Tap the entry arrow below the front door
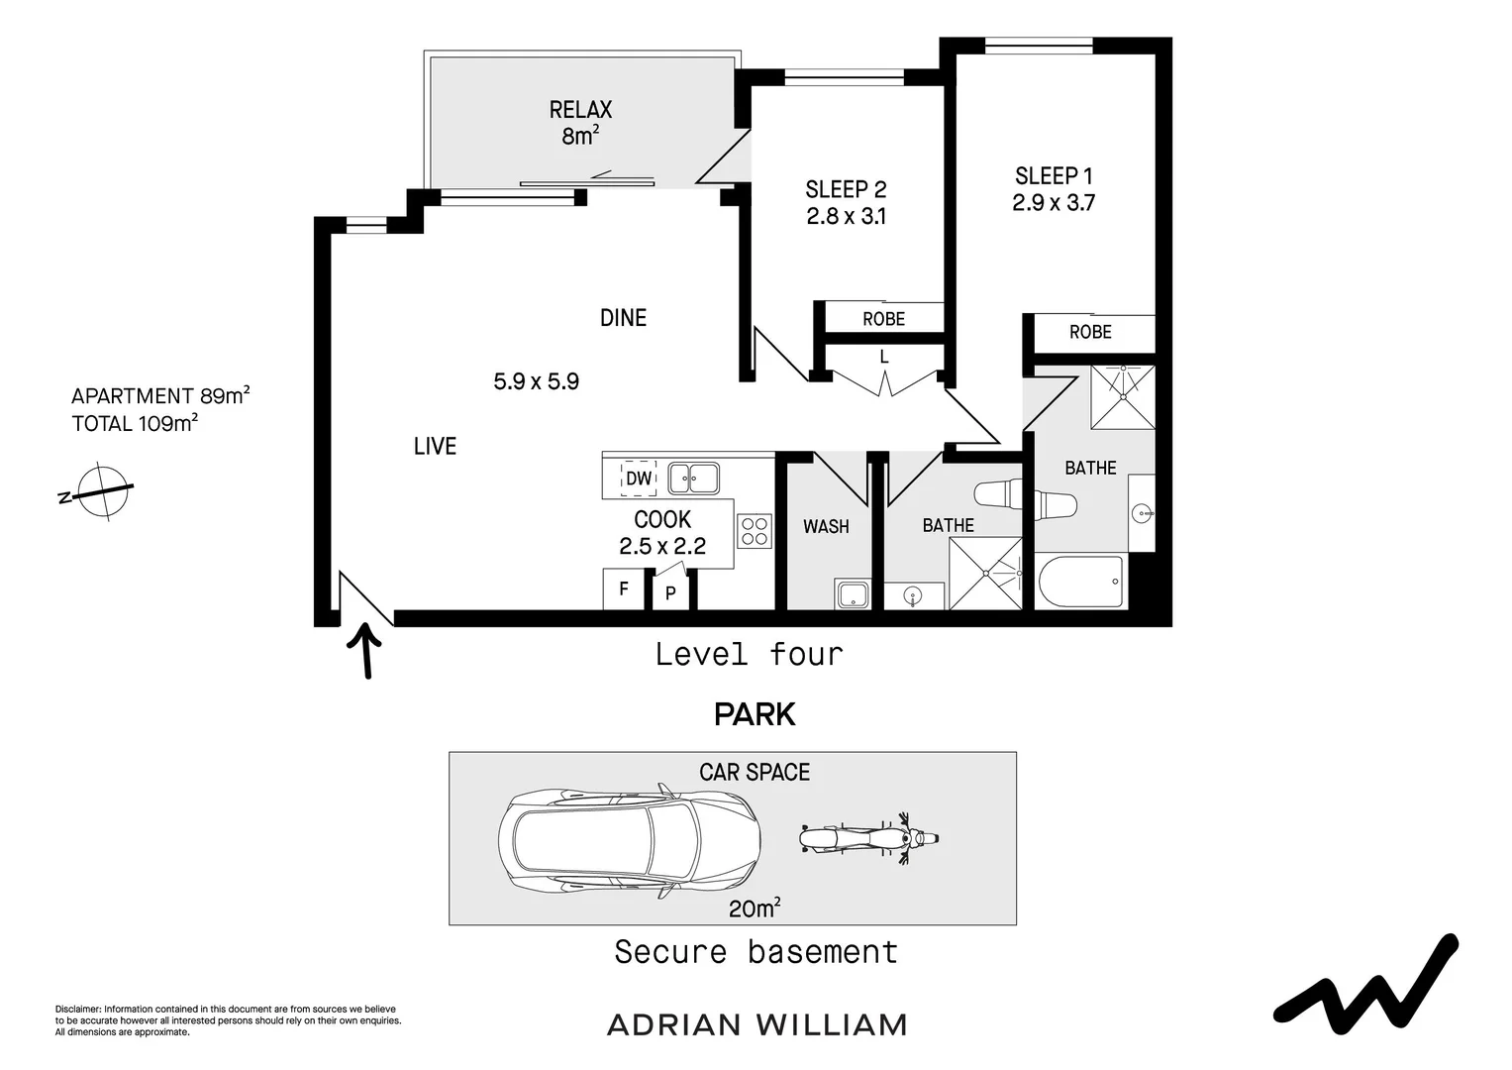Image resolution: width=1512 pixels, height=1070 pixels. click(366, 649)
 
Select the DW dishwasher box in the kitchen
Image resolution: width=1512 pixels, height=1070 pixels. click(639, 479)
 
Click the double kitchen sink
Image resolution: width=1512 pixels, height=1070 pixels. click(693, 479)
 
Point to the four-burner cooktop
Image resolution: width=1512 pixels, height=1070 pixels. click(755, 531)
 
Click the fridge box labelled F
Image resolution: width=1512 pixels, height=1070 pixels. click(624, 589)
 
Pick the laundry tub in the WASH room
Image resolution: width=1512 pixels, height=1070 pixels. click(853, 595)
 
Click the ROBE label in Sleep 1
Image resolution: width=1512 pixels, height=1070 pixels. click(1090, 333)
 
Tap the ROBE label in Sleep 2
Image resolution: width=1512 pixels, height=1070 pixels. click(883, 319)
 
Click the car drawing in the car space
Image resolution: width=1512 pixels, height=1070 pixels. click(630, 841)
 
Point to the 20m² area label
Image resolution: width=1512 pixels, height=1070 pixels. click(755, 908)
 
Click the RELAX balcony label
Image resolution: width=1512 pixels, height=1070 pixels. click(581, 110)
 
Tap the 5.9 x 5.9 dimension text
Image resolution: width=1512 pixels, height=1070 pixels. click(536, 381)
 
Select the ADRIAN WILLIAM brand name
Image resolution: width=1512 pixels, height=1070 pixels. click(756, 1024)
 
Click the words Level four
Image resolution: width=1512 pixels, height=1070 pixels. click(750, 654)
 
